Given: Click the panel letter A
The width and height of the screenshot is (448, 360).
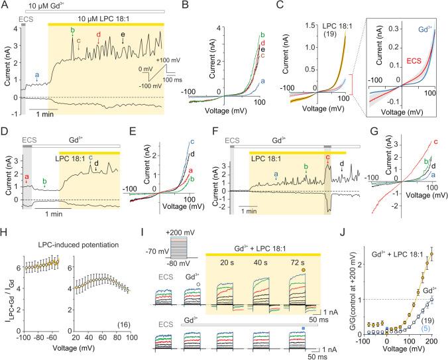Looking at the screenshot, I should click(x=5, y=5).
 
